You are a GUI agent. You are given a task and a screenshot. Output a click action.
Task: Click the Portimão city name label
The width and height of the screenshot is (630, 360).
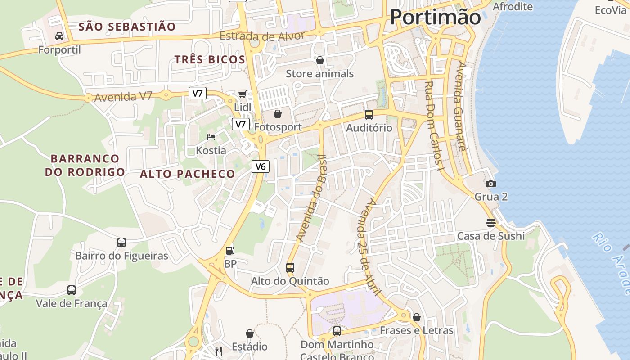[x=435, y=17]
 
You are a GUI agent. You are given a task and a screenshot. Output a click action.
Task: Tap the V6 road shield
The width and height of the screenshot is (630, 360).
[x=261, y=166]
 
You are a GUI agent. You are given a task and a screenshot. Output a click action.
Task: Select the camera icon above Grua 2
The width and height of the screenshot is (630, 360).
[x=491, y=184]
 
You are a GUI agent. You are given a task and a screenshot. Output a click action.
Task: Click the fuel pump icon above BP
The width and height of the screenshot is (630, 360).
[x=230, y=250]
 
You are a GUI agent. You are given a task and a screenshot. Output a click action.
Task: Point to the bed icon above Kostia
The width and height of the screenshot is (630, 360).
[x=211, y=137]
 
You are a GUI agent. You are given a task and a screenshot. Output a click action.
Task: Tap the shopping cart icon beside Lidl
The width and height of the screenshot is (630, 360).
[x=242, y=94]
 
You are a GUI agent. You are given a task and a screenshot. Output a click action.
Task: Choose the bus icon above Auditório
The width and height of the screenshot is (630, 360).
[x=369, y=115]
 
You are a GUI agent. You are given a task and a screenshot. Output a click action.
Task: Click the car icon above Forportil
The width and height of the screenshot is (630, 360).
[x=59, y=36]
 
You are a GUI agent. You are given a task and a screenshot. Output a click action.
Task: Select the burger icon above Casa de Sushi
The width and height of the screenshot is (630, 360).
[x=490, y=222]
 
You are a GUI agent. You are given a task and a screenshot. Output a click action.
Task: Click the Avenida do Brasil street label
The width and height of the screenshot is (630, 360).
[x=310, y=198]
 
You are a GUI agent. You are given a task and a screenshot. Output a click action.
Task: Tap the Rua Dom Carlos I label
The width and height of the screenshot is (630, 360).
[x=435, y=126]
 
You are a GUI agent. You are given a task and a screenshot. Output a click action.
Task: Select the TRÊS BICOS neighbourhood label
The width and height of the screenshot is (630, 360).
[x=210, y=59]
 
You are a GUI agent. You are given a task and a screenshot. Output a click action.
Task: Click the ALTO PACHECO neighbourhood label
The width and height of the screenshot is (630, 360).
[x=188, y=174]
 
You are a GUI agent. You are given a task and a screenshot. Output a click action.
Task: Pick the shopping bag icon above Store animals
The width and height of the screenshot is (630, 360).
[x=320, y=60]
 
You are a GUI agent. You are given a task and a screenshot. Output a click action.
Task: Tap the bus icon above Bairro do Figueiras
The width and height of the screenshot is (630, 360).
[x=121, y=243]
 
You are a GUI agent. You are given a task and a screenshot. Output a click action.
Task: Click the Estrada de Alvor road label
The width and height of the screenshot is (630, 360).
[x=262, y=36]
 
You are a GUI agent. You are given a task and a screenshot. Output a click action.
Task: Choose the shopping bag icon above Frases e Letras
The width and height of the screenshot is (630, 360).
[x=417, y=317]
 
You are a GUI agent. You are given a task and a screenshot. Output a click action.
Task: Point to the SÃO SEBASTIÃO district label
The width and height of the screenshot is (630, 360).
[x=127, y=27]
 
